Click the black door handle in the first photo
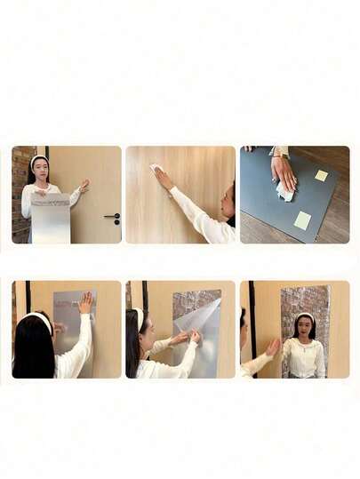point(111,216)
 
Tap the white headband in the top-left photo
point(38,160)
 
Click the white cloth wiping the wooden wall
point(156,169)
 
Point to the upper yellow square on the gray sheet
point(321,175)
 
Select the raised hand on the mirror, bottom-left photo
point(85,303)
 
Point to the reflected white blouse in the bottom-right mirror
point(305,356)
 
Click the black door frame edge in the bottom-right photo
point(252,320)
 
